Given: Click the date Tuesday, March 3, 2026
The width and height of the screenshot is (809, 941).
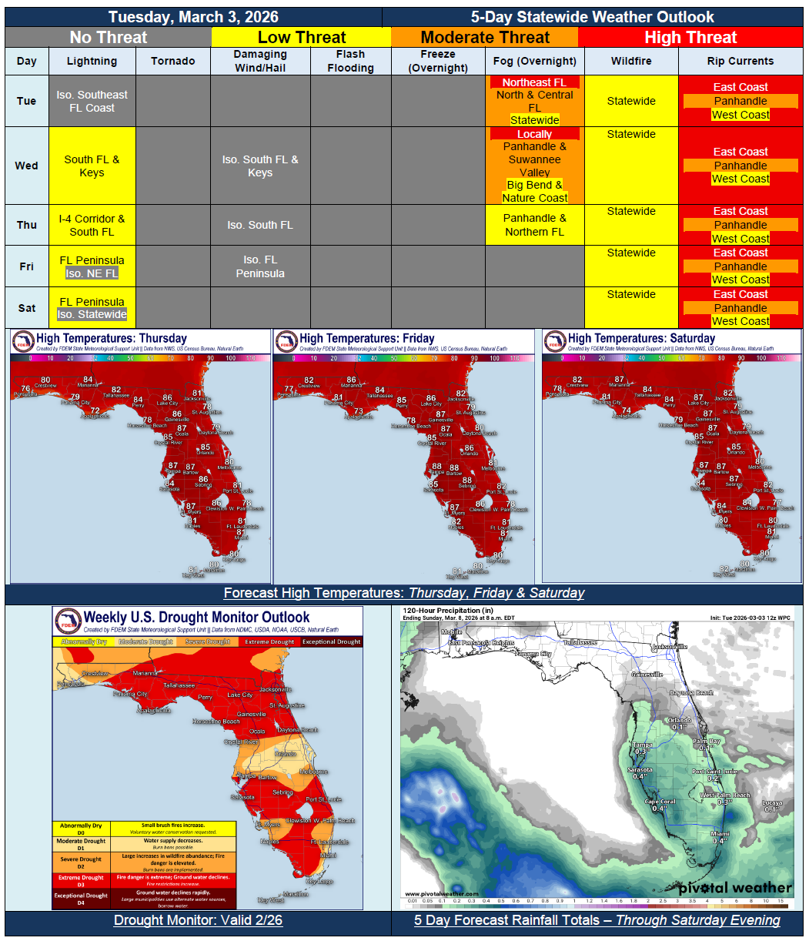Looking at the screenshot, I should [x=193, y=17].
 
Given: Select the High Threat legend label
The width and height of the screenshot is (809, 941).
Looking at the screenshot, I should [x=690, y=37].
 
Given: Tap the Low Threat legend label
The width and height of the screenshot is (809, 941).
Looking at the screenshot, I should [x=302, y=37].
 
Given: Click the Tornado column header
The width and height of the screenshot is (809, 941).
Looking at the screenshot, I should [x=173, y=61].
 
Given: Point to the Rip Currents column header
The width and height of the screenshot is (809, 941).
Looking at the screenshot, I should [x=740, y=61].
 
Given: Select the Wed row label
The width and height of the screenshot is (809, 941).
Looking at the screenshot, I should [x=26, y=166].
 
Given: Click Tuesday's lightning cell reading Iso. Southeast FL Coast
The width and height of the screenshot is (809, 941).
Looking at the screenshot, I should [x=92, y=101].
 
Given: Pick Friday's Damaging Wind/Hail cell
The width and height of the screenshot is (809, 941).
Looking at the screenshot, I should [x=260, y=266].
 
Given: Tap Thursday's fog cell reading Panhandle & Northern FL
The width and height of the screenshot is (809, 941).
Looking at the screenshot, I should [x=534, y=225].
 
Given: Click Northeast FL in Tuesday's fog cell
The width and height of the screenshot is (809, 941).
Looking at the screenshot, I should [x=534, y=82].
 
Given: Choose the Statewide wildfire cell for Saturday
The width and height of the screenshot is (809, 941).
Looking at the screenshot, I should [x=631, y=294].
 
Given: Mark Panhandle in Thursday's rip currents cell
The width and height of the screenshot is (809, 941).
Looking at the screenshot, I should [x=740, y=225].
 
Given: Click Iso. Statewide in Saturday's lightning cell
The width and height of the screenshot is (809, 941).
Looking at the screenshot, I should [x=92, y=314].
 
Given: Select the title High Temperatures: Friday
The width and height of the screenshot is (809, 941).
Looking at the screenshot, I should [x=366, y=338].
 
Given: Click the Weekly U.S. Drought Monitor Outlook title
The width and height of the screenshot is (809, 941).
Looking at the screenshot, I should [x=196, y=617].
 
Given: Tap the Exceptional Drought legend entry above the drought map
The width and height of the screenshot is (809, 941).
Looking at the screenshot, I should [x=332, y=641].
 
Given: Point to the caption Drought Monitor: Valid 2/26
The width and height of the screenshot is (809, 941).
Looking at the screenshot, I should [x=198, y=920].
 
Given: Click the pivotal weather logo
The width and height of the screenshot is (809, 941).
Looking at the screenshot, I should [x=734, y=888].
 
